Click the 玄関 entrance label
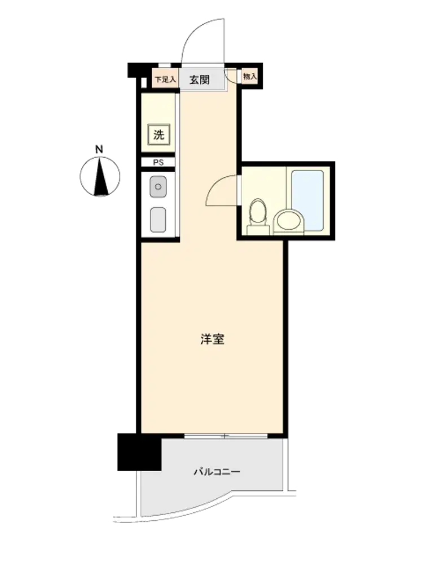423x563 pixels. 200,79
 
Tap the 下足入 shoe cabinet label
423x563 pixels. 165,79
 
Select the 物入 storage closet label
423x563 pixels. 250,77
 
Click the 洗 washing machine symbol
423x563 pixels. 158,135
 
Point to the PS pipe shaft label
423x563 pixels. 158,162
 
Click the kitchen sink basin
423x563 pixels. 158,187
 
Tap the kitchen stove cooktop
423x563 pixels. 158,220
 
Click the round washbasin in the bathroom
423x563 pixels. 288,221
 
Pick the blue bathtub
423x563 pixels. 307,201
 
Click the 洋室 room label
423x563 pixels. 213,339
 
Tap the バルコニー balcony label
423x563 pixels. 217,471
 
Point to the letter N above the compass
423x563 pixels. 99,149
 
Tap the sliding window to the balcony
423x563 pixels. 226,436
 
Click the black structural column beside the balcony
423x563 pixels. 139,452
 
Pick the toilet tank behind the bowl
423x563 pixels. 258,230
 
